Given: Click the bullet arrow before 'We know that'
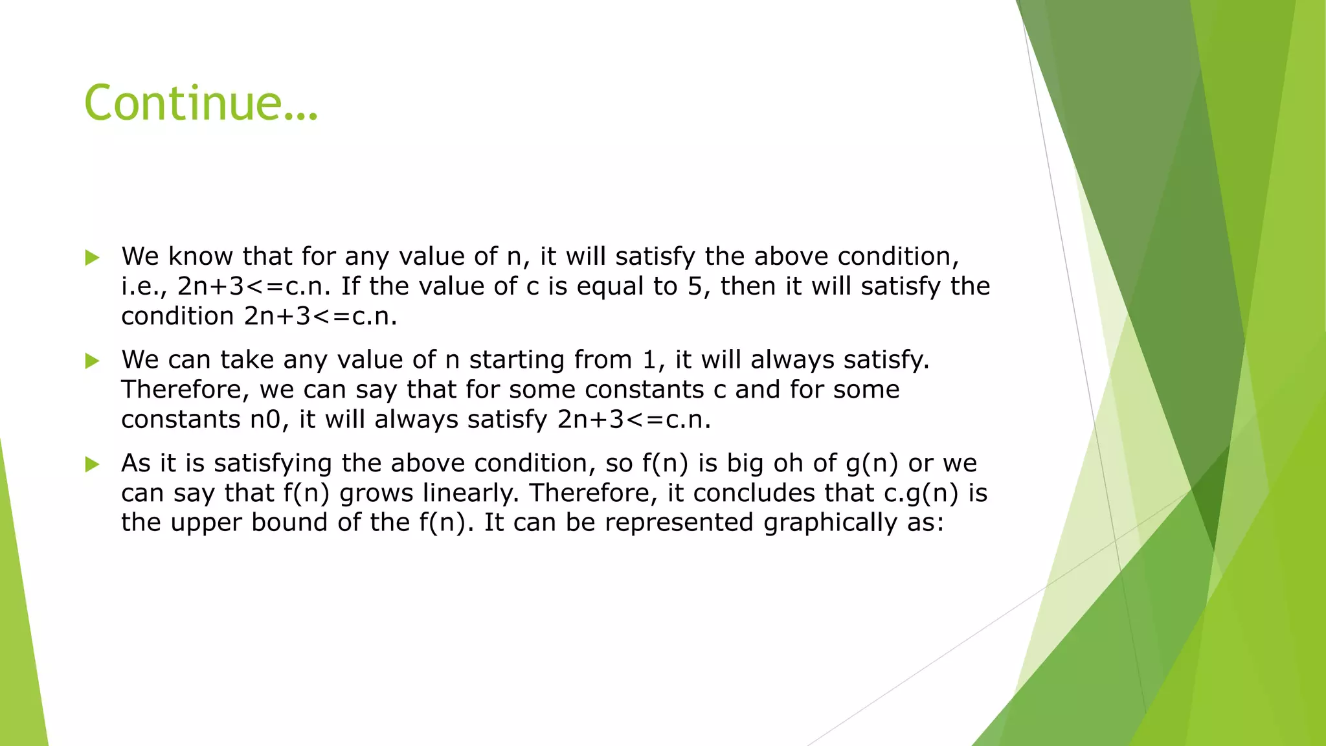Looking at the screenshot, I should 92,258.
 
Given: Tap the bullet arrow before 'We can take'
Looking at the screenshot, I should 92,361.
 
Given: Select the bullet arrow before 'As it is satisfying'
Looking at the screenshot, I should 92,464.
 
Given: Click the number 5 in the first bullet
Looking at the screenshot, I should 695,286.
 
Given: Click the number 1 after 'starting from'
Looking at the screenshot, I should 649,359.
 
